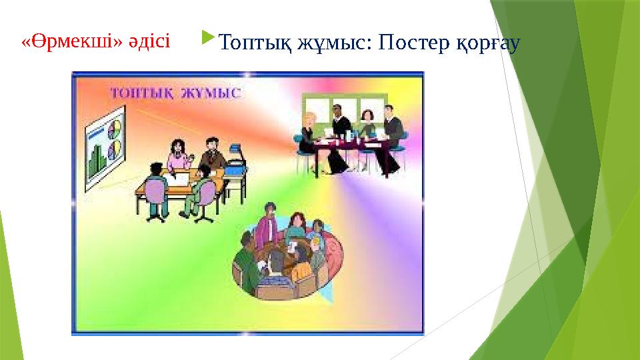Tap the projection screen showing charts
coord(104,150)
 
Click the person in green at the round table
coord(246,263)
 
